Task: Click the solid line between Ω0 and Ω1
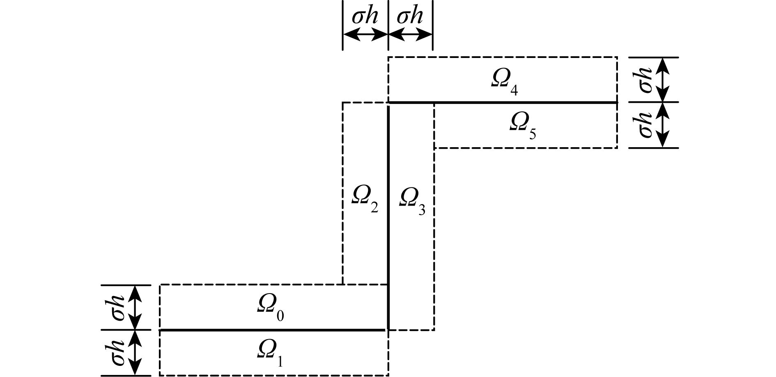click(273, 330)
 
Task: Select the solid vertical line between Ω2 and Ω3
click(388, 206)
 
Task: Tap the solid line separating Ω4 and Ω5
click(503, 102)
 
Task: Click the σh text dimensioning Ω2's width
click(365, 16)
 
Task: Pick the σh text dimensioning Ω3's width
click(410, 16)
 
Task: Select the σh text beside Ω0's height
click(118, 307)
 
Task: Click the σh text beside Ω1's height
click(118, 353)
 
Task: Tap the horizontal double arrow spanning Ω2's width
click(365, 36)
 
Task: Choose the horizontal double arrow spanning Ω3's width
click(410, 36)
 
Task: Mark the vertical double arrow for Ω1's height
click(135, 353)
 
